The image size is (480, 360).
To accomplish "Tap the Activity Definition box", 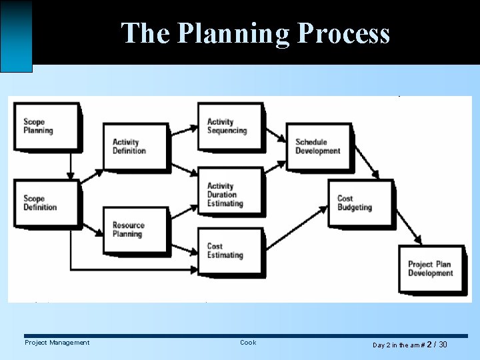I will tap(135, 146).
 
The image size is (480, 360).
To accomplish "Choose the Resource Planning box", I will tap(135, 229).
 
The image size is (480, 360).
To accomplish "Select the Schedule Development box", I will tap(318, 146).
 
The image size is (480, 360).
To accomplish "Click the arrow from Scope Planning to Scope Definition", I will tap(70, 165).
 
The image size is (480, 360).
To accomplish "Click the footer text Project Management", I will tap(57, 343).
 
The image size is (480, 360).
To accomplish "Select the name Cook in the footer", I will tap(248, 343).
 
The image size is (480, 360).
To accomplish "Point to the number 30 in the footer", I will tap(443, 345).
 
